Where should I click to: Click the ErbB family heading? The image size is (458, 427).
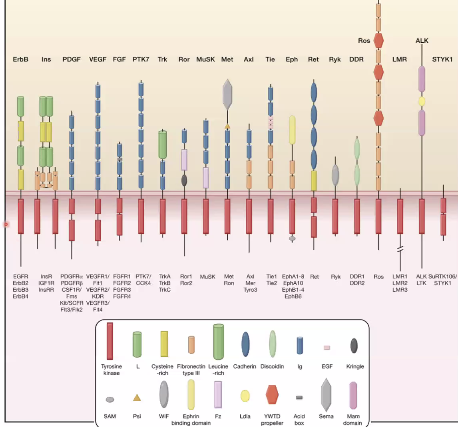21,59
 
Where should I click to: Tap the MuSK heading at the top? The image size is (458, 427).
205,59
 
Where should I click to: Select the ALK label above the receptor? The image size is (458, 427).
422,41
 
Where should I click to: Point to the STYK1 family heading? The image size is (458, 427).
442,59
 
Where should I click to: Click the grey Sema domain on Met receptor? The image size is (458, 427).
227,94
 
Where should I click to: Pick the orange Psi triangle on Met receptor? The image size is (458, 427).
227,126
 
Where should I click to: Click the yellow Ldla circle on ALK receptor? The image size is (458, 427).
422,101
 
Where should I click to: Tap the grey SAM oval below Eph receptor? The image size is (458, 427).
292,238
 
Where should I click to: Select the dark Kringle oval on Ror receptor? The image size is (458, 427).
184,180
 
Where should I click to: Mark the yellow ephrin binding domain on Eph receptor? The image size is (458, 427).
292,130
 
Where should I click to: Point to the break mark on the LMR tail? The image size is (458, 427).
400,249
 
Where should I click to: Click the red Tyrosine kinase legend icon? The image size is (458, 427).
110,341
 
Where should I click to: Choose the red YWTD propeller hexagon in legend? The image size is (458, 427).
272,395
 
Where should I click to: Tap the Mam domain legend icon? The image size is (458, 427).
353,395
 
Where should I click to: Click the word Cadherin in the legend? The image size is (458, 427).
245,366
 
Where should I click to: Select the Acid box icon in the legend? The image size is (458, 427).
299,397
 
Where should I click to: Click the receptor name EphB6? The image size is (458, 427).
293,297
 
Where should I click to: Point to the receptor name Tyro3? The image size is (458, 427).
250,290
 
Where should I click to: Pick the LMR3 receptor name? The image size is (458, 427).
400,290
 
